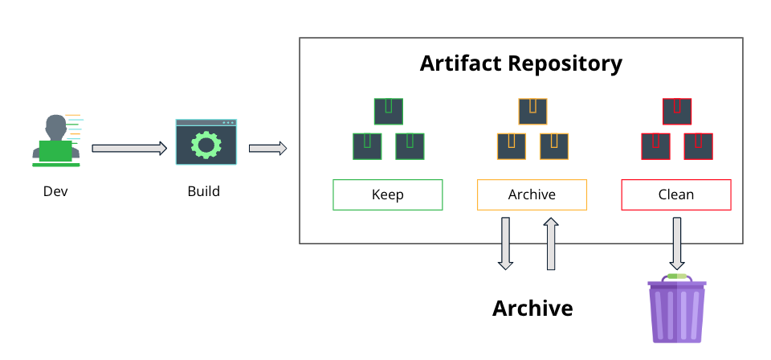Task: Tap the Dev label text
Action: tap(55, 192)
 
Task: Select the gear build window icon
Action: tap(206, 142)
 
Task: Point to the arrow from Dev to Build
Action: tap(129, 148)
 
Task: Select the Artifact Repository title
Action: tap(520, 63)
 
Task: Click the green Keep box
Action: tap(388, 194)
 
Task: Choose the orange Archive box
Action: tap(532, 194)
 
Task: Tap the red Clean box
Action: tap(676, 194)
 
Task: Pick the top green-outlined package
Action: tap(388, 111)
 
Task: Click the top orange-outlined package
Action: tap(532, 111)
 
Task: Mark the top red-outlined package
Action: tap(676, 111)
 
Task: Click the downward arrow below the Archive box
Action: tap(505, 242)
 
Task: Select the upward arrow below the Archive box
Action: tap(552, 243)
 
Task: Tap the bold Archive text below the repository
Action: tap(532, 309)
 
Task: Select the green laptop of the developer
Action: tap(55, 151)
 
